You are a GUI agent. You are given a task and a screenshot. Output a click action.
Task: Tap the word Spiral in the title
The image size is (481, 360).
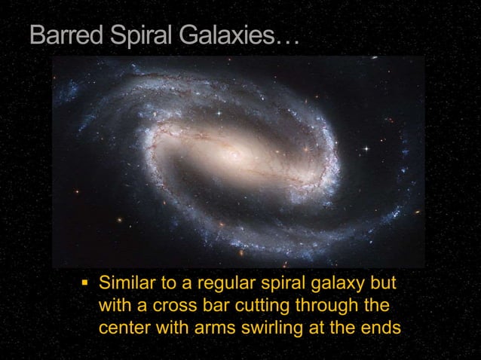point(140,35)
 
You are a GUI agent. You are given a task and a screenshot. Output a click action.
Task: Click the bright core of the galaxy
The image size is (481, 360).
point(235,156)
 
